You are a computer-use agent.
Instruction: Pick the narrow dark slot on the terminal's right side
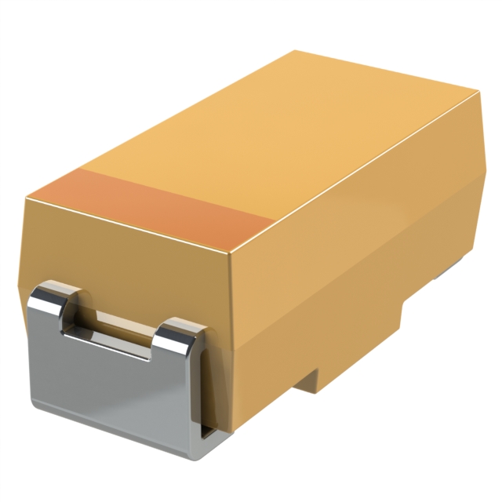tap(206, 392)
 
